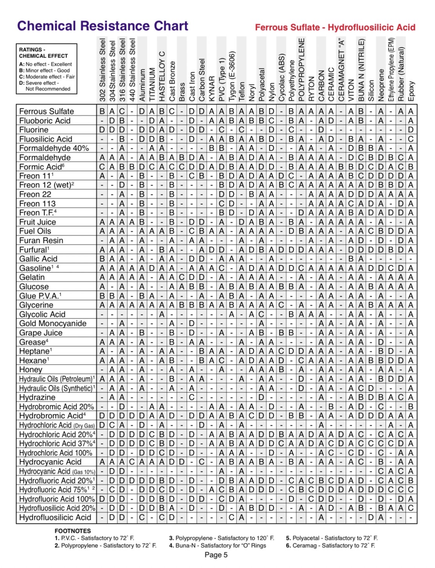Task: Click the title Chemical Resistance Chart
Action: pyautogui.click(x=102, y=26)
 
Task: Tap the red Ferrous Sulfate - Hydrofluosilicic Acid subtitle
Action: pyautogui.click(x=335, y=27)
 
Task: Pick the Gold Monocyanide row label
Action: pyautogui.click(x=53, y=324)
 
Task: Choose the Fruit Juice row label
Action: pyautogui.click(x=38, y=222)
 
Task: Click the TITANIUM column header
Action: pyautogui.click(x=152, y=84)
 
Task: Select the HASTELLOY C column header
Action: pyautogui.click(x=162, y=76)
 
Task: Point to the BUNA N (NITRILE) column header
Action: pyautogui.click(x=361, y=70)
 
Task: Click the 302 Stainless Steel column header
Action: pyautogui.click(x=102, y=70)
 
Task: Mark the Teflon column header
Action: pyautogui.click(x=242, y=91)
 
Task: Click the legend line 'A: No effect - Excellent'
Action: pyautogui.click(x=45, y=64)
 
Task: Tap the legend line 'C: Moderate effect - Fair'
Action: pyautogui.click(x=47, y=77)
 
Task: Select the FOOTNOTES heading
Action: pyautogui.click(x=73, y=531)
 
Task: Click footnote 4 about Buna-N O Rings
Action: pyautogui.click(x=217, y=545)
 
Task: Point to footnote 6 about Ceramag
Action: pyautogui.click(x=330, y=545)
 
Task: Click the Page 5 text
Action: pyautogui.click(x=216, y=555)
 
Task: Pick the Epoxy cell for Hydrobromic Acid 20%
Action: pyautogui.click(x=411, y=407)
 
